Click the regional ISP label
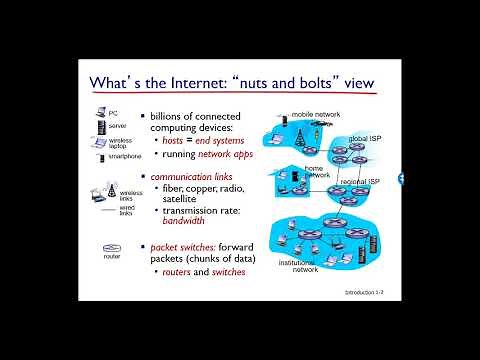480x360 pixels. click(x=359, y=181)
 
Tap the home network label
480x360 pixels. click(x=316, y=172)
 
